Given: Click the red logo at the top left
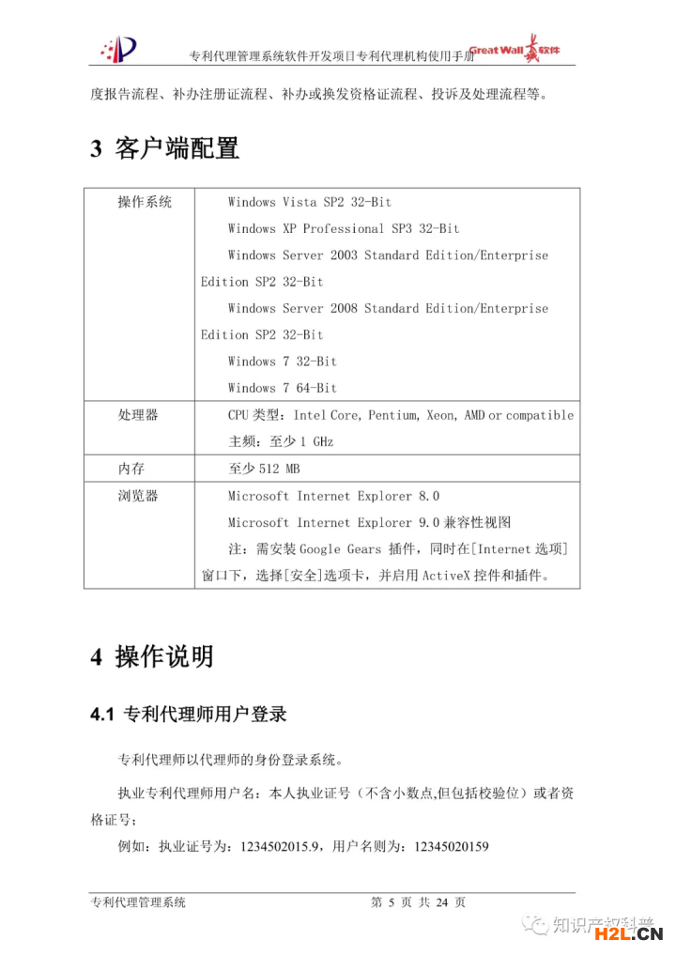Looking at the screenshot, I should [119, 47].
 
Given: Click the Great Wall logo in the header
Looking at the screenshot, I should [515, 50].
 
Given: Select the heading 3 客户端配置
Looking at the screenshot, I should [164, 148].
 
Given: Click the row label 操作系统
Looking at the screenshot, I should [145, 202].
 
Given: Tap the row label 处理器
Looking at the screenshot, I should [138, 414].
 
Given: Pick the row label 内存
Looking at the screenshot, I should [131, 469].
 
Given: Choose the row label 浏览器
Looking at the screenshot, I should [138, 496].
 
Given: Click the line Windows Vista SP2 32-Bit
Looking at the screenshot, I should [309, 202].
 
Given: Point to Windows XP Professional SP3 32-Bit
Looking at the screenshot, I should [344, 228].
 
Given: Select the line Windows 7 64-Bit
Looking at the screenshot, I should [282, 388].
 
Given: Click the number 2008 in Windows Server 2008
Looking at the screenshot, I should [344, 308].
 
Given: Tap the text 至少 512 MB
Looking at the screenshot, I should [264, 469].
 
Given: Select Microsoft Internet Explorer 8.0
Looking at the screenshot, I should [333, 496].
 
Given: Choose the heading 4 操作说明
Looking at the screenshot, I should [151, 656].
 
